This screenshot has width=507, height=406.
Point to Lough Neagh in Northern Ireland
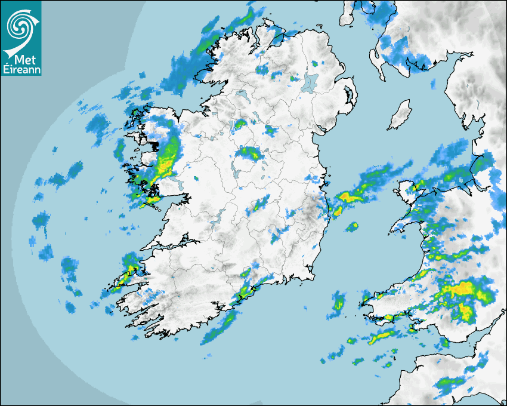point(308,82)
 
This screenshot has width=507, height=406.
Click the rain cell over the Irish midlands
point(250,154)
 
